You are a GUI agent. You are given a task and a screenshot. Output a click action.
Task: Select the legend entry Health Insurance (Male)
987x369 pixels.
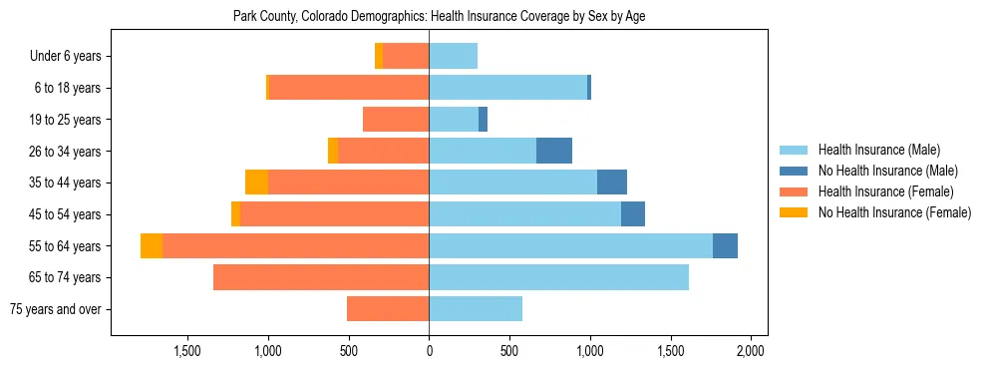[x=878, y=150]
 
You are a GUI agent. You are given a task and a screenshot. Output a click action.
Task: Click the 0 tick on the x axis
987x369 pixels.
[x=429, y=351]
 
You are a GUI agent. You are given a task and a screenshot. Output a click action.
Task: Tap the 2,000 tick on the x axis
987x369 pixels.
[x=750, y=351]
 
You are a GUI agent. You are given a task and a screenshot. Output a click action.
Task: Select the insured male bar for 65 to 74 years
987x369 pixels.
[x=558, y=277]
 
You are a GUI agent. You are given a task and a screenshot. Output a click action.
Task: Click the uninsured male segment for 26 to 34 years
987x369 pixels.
[x=554, y=151]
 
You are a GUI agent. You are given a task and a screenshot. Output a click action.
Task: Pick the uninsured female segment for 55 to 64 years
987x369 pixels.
[x=152, y=245]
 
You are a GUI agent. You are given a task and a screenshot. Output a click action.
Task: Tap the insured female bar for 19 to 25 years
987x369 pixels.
[x=396, y=120]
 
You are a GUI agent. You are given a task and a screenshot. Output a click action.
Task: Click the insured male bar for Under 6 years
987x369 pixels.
[x=454, y=57]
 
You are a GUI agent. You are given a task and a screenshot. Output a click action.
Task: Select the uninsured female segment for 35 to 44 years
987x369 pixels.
[x=256, y=183]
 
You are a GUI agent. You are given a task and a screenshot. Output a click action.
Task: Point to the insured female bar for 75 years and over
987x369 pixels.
[x=388, y=309]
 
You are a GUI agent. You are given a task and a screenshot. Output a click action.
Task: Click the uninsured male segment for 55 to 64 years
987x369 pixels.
[x=725, y=245]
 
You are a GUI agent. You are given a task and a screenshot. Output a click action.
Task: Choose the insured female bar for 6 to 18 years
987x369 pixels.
[x=349, y=88]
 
